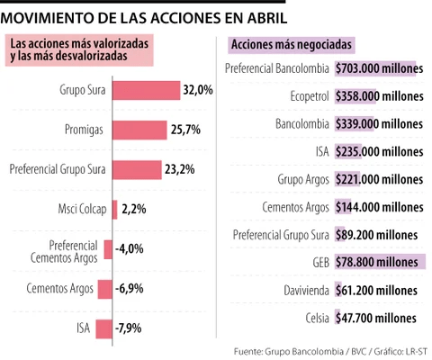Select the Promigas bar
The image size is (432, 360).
coord(139,130)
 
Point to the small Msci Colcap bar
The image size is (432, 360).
coord(115,209)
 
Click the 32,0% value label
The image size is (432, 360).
coord(198,90)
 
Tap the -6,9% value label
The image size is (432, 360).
coord(130,288)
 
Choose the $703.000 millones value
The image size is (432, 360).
coord(378,68)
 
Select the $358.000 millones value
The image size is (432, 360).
coord(378,96)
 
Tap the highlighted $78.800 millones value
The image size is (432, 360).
coord(376,263)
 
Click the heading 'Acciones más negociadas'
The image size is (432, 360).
coord(292,43)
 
